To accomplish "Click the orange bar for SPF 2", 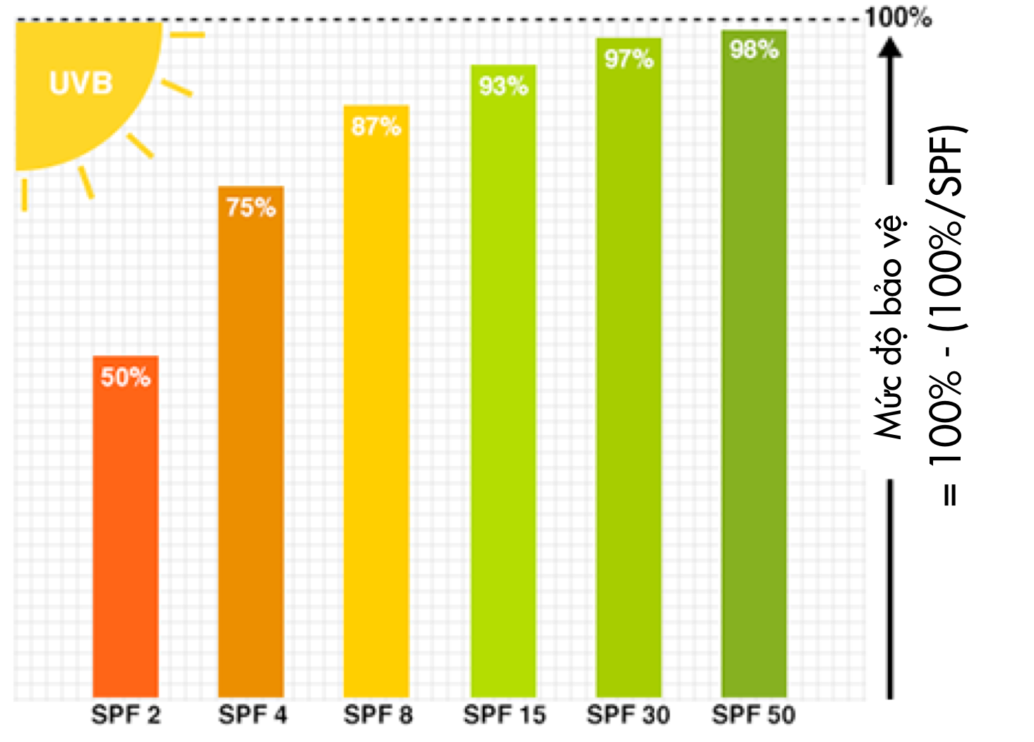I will pyautogui.click(x=126, y=537).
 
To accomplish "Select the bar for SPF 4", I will pyautogui.click(x=251, y=452).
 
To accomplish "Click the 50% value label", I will pyautogui.click(x=126, y=377).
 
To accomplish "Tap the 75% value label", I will pyautogui.click(x=251, y=208).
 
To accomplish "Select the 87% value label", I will pyautogui.click(x=376, y=127).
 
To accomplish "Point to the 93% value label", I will pyautogui.click(x=503, y=86).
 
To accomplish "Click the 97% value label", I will pyautogui.click(x=629, y=59).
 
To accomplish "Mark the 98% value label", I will pyautogui.click(x=754, y=49).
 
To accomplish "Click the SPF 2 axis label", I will pyautogui.click(x=126, y=714).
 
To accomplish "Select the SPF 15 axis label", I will pyautogui.click(x=505, y=714).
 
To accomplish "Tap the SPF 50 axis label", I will pyautogui.click(x=753, y=714).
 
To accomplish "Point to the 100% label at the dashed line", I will pyautogui.click(x=898, y=18).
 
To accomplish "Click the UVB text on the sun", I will pyautogui.click(x=81, y=83).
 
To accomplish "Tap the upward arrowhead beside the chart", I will pyautogui.click(x=890, y=48).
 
